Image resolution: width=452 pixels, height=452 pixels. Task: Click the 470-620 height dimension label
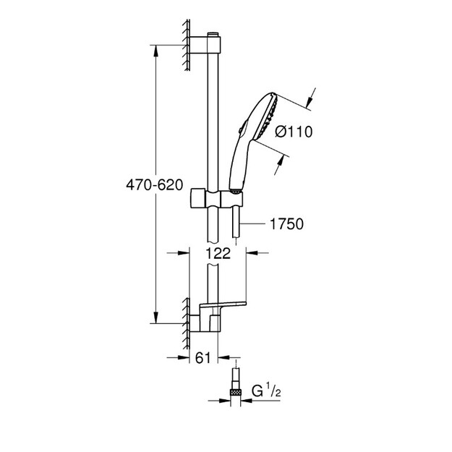coord(155,185)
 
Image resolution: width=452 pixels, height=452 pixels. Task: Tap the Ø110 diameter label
coord(294,132)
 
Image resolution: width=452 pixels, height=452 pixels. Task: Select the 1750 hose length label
coord(286,223)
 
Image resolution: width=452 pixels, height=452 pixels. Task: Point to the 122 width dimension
coord(218,253)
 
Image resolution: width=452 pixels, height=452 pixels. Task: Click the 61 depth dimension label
coord(203,358)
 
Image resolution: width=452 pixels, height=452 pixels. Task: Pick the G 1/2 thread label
coord(266,390)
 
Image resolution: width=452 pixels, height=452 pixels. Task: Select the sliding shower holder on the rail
coord(216,198)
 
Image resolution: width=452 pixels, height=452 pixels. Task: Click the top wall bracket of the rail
coord(205,45)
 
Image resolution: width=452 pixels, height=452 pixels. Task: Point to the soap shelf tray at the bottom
coord(223,304)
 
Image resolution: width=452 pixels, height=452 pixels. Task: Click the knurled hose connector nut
coord(236,392)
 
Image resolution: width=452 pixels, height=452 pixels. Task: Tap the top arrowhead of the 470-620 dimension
coord(155,51)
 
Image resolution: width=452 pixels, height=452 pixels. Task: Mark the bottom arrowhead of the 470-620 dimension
coord(155,317)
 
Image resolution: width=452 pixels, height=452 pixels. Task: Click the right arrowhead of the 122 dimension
coord(252,253)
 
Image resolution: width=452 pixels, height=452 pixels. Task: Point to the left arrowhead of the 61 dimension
coord(184,357)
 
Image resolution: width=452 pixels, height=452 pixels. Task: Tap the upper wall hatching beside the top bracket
coord(187,45)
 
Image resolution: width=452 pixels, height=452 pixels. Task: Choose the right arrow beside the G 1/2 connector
coord(247,401)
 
